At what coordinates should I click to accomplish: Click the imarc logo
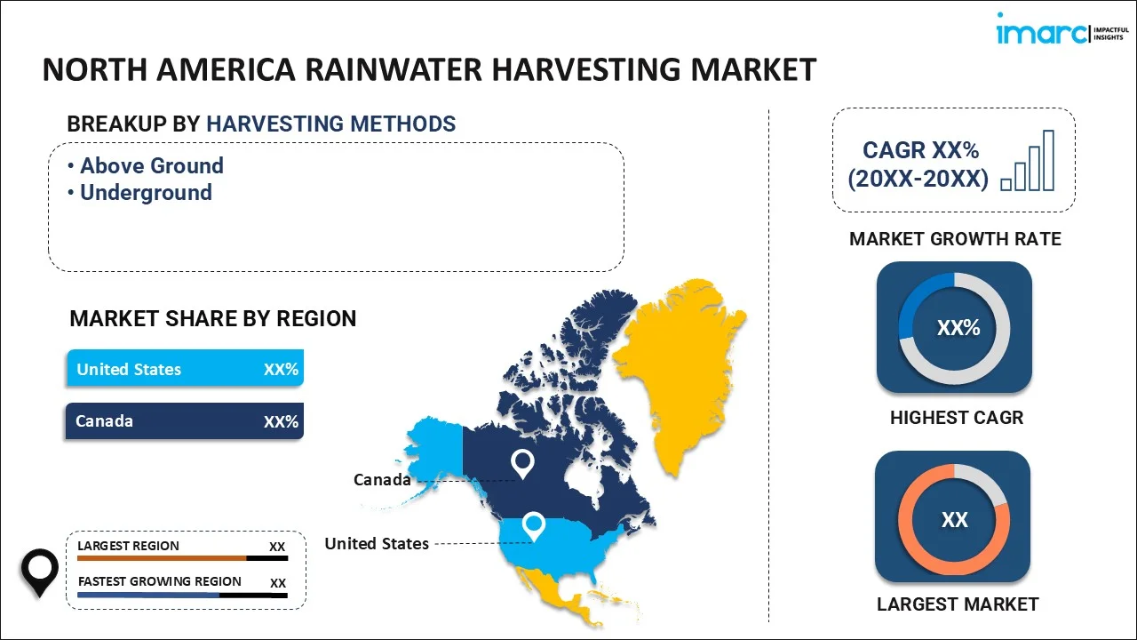[x=1062, y=29]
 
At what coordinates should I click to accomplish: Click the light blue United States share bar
[x=186, y=368]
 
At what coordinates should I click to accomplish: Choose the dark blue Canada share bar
[x=185, y=421]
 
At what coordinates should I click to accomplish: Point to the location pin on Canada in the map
[x=522, y=464]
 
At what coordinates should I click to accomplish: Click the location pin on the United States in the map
[x=534, y=527]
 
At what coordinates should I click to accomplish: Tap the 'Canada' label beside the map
[x=382, y=479]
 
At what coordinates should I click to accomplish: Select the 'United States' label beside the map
[x=377, y=543]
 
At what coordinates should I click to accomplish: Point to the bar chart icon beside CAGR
[x=1028, y=161]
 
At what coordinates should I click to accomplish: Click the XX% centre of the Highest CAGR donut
[x=958, y=328]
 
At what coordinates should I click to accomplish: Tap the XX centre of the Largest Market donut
[x=955, y=520]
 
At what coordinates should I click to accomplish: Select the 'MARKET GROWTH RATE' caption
[x=955, y=239]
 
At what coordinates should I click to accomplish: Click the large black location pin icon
[x=40, y=572]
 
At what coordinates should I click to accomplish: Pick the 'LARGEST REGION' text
[x=129, y=546]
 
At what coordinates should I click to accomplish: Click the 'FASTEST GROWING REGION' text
[x=159, y=581]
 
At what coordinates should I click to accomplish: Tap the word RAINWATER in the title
[x=394, y=69]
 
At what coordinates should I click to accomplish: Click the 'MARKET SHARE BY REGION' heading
[x=212, y=318]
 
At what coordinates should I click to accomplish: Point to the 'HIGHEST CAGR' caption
[x=957, y=418]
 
